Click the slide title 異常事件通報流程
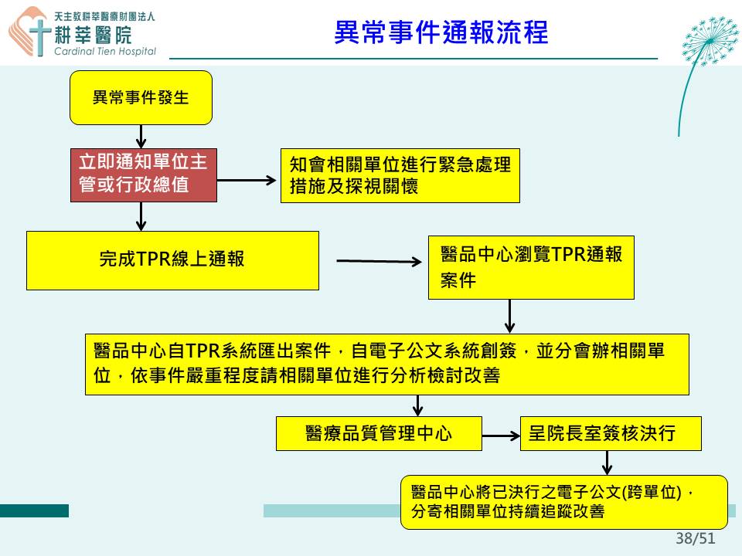441,32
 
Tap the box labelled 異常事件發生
141,98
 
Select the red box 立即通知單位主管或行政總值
144,175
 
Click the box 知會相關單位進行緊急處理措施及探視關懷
400,176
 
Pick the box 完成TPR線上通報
172,260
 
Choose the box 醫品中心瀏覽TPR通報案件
531,268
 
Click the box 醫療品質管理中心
379,433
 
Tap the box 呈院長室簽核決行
611,433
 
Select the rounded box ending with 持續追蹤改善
564,502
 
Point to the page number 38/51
695,538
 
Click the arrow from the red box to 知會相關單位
247,180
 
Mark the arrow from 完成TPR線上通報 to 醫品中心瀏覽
379,261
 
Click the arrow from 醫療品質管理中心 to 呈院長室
501,436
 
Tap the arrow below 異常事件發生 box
141,137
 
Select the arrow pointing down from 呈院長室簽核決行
608,463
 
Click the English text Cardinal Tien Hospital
105,51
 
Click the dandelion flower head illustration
710,42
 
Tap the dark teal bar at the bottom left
34,510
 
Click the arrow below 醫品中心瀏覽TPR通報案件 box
509,317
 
